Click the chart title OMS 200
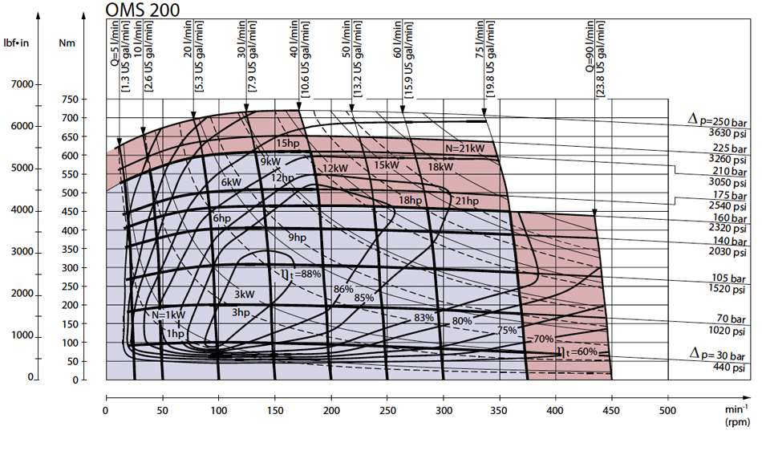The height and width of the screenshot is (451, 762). click(143, 10)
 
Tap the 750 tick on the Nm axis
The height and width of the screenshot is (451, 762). click(70, 100)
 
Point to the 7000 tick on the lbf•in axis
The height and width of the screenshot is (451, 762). click(22, 84)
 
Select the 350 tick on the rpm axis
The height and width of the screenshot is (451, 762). click(499, 411)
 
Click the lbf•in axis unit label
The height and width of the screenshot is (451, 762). click(16, 43)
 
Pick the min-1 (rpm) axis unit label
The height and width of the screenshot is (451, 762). click(737, 416)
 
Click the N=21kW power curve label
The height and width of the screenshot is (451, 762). click(465, 148)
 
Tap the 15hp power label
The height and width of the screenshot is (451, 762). click(288, 144)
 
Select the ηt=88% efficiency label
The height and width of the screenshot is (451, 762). click(302, 274)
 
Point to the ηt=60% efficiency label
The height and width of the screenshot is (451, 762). click(577, 351)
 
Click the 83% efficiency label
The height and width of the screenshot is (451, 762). click(424, 318)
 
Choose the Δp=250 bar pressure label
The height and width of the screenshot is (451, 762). click(717, 119)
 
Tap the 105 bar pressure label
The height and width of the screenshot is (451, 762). click(728, 278)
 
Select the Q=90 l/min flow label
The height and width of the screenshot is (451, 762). click(590, 47)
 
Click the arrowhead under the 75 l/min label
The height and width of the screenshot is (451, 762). click(484, 112)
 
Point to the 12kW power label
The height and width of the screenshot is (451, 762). click(335, 169)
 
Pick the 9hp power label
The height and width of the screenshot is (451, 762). click(298, 238)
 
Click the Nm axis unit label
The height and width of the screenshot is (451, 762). click(67, 43)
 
